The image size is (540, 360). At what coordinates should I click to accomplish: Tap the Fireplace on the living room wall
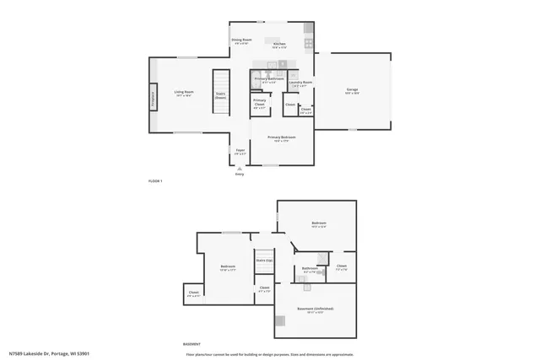click(x=153, y=95)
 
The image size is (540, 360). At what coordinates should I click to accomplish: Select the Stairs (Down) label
click(x=221, y=94)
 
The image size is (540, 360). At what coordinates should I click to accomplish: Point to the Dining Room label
click(x=242, y=40)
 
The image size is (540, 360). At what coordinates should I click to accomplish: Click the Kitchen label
click(x=279, y=44)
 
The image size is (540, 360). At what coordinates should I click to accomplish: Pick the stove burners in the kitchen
click(x=309, y=43)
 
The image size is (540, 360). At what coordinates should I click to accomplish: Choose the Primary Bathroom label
click(x=267, y=78)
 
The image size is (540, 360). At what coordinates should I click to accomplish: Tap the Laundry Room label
click(x=300, y=83)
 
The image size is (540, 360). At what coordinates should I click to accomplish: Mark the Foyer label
click(x=240, y=151)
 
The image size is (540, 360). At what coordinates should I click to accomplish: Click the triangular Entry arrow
click(x=240, y=169)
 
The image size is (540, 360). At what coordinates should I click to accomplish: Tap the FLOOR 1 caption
click(x=154, y=181)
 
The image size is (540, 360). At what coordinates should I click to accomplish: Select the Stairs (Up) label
click(x=264, y=261)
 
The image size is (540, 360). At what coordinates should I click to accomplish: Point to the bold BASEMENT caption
click(x=192, y=344)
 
